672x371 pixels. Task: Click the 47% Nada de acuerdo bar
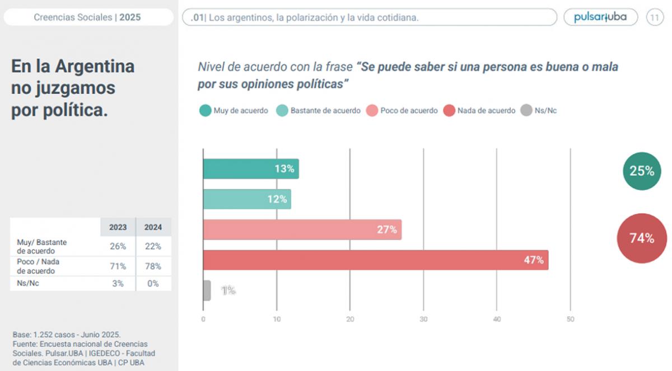[x=375, y=260]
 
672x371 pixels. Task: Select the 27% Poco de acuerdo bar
[x=302, y=229]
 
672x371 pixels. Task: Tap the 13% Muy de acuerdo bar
[x=250, y=169]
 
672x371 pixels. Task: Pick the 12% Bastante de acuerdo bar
[x=246, y=199]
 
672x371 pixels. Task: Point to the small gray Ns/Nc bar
[x=207, y=290]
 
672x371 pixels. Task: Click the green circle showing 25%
[x=642, y=171]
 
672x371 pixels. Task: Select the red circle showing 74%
[x=642, y=238]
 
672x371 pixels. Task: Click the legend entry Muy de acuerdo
[x=234, y=111]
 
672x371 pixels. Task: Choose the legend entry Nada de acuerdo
[x=479, y=111]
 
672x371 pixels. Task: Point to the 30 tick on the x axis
[x=423, y=320]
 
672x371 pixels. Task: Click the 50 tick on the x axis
[x=570, y=320]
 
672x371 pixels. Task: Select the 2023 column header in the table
[x=118, y=228]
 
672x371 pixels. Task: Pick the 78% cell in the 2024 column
[x=153, y=266]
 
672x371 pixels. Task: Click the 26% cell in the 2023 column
[x=118, y=246]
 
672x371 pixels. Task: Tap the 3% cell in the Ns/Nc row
[x=118, y=284]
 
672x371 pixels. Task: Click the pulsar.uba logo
[x=600, y=17]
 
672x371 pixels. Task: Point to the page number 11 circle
[x=655, y=17]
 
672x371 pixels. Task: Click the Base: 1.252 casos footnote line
[x=67, y=335]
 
